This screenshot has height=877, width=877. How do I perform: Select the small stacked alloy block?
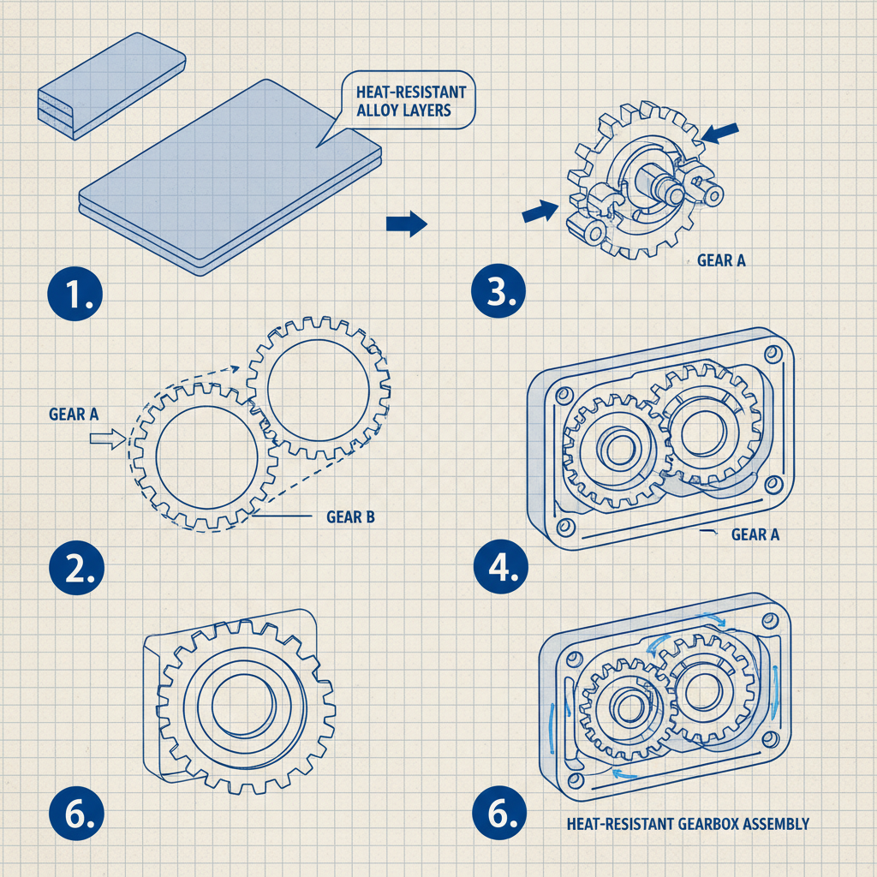[111, 86]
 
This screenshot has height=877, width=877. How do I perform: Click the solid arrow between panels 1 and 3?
[406, 224]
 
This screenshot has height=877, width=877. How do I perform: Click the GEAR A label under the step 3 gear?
[721, 260]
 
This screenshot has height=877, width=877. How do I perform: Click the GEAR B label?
[351, 517]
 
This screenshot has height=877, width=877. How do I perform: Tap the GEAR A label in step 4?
[755, 534]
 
